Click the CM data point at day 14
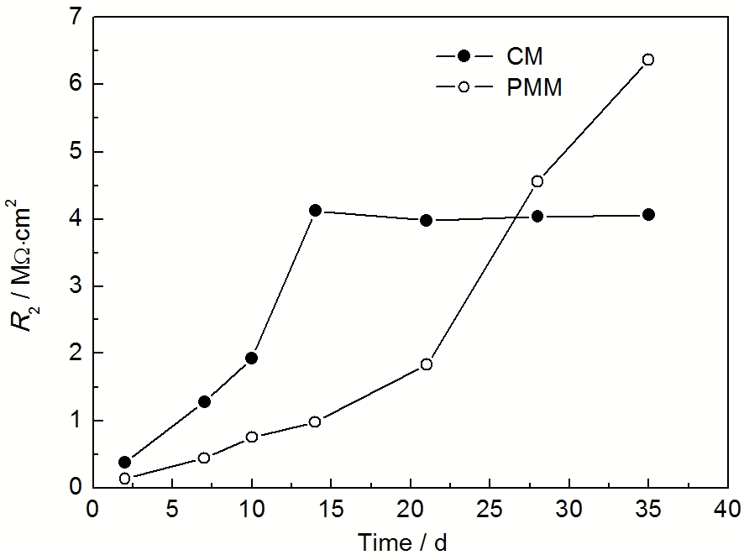click(x=315, y=211)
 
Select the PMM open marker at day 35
click(x=648, y=60)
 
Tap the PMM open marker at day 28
click(x=537, y=181)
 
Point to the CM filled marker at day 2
click(x=125, y=462)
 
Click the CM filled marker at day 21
click(x=426, y=220)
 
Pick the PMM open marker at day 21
click(x=427, y=364)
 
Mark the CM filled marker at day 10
click(x=252, y=359)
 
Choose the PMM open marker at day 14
click(x=315, y=421)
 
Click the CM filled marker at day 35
click(x=648, y=215)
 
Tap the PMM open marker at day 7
click(x=204, y=458)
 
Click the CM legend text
click(x=525, y=57)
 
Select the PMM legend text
click(x=535, y=86)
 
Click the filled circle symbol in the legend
click(x=463, y=56)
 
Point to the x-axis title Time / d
click(x=403, y=542)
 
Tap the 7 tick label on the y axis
click(x=76, y=17)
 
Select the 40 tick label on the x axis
click(x=728, y=510)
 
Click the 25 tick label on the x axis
click(x=490, y=510)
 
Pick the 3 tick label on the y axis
click(x=76, y=286)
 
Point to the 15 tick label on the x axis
click(x=331, y=510)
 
